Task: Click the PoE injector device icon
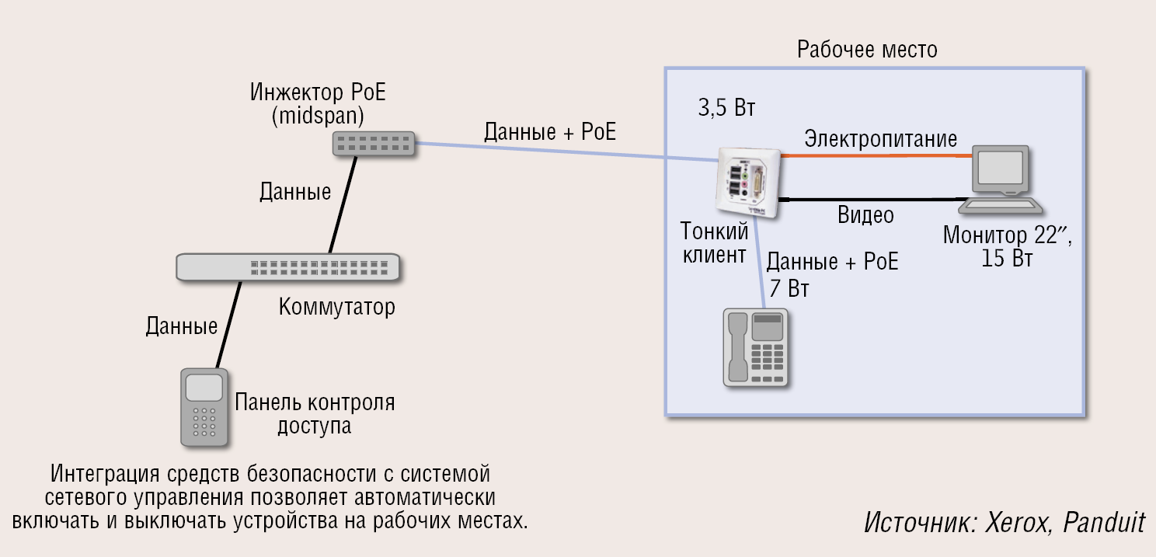point(374,143)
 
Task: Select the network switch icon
point(288,266)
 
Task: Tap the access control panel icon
point(204,406)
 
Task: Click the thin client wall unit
point(747,183)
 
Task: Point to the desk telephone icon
point(755,346)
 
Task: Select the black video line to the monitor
point(870,198)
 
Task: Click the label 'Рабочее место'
point(867,50)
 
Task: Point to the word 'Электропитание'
point(880,139)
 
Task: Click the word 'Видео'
point(865,215)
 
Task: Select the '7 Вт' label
point(789,290)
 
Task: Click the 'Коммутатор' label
point(336,307)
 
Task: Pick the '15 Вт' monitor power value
point(1007,259)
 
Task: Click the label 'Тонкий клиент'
point(715,242)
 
